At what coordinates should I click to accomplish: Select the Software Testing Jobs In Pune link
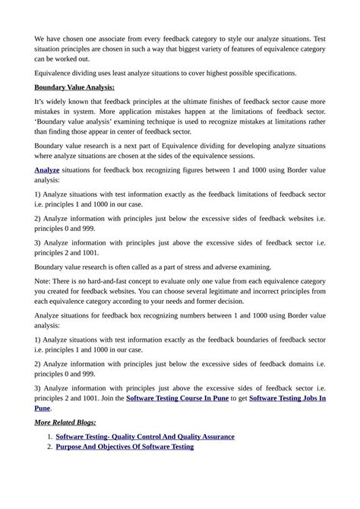click(x=287, y=397)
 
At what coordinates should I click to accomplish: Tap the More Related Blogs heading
click(x=65, y=422)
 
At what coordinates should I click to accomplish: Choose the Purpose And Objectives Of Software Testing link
click(x=125, y=447)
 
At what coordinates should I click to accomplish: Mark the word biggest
click(x=171, y=49)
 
